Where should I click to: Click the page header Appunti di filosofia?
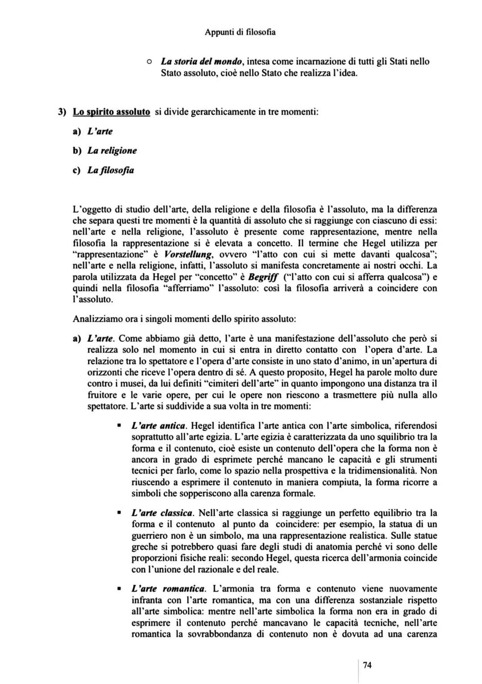click(240, 32)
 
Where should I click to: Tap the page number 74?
click(367, 665)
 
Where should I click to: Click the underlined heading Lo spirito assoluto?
click(111, 112)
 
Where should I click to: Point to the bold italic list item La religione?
click(112, 150)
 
